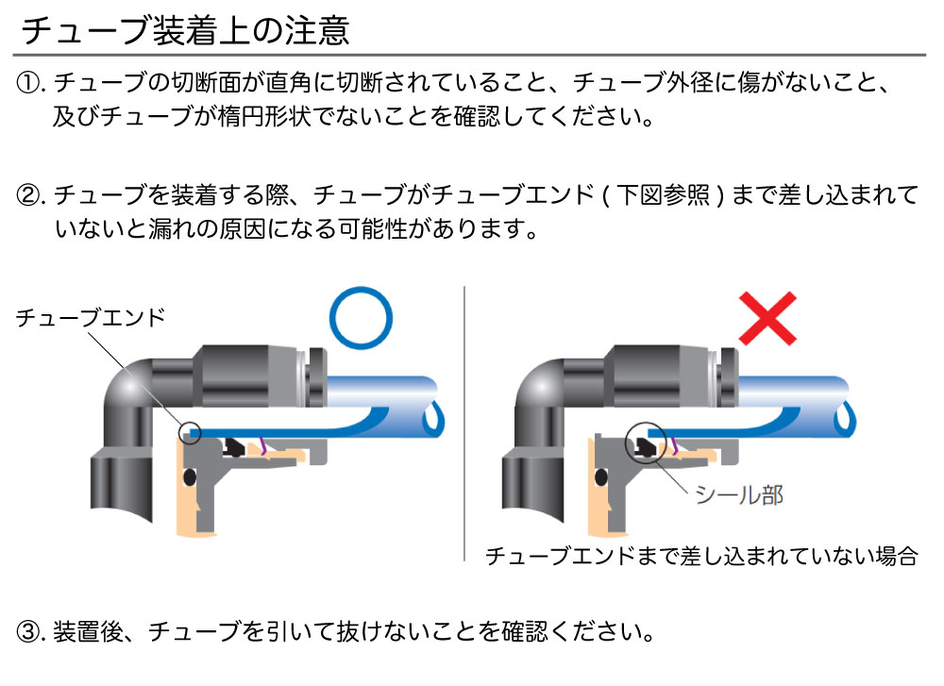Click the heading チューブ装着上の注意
pos(185,30)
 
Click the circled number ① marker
pos(27,82)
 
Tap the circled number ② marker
pos(27,195)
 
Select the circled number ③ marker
pos(27,631)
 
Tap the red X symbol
pos(767,318)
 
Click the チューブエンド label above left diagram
pos(91,317)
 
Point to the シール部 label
pos(739,494)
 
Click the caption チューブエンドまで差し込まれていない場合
pos(701,556)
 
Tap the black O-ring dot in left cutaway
pos(190,477)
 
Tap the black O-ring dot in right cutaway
pos(600,477)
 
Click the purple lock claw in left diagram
pos(261,445)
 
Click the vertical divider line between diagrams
pos(464,424)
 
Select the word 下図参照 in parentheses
pos(664,195)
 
